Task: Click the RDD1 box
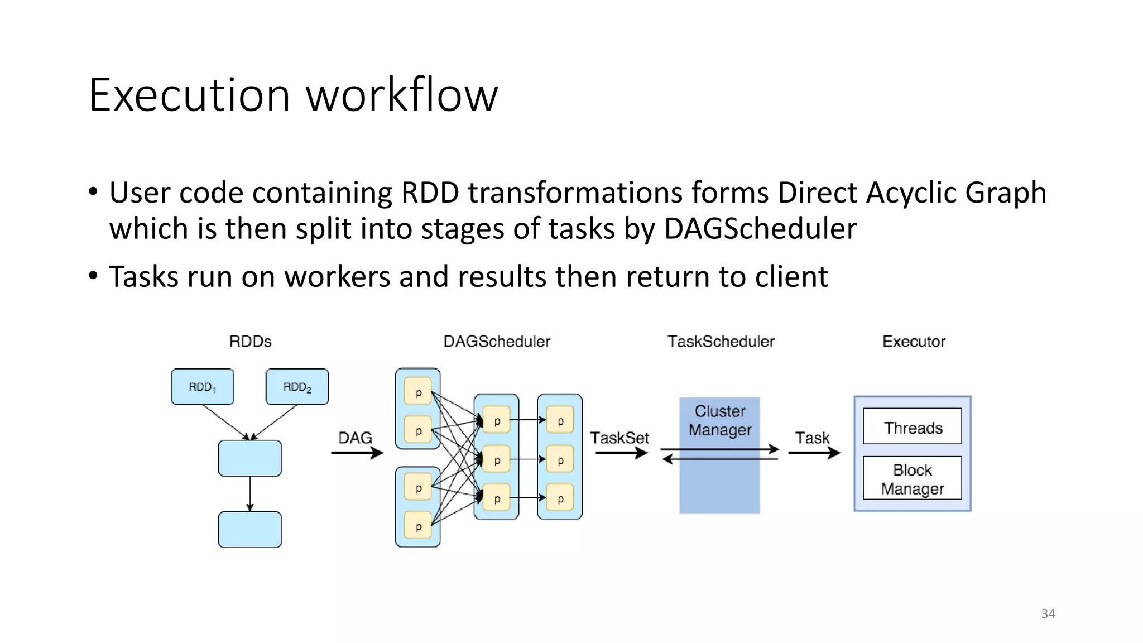pos(202,386)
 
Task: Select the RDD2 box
pos(297,386)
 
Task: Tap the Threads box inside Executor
pos(913,427)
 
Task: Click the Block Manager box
pos(913,478)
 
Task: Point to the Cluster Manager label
pos(719,420)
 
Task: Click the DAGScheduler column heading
pos(496,342)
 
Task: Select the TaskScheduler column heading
pos(721,342)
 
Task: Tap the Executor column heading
pos(914,342)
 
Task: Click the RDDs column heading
pos(250,342)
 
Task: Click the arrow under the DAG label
pos(357,453)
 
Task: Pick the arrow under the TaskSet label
pos(621,453)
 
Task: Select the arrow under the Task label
pos(814,453)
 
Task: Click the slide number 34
pos(1048,613)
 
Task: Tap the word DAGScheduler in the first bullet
pos(760,229)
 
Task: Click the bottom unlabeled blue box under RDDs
pos(249,530)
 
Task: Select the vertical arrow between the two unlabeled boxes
pos(250,493)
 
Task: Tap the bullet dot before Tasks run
pos(93,276)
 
